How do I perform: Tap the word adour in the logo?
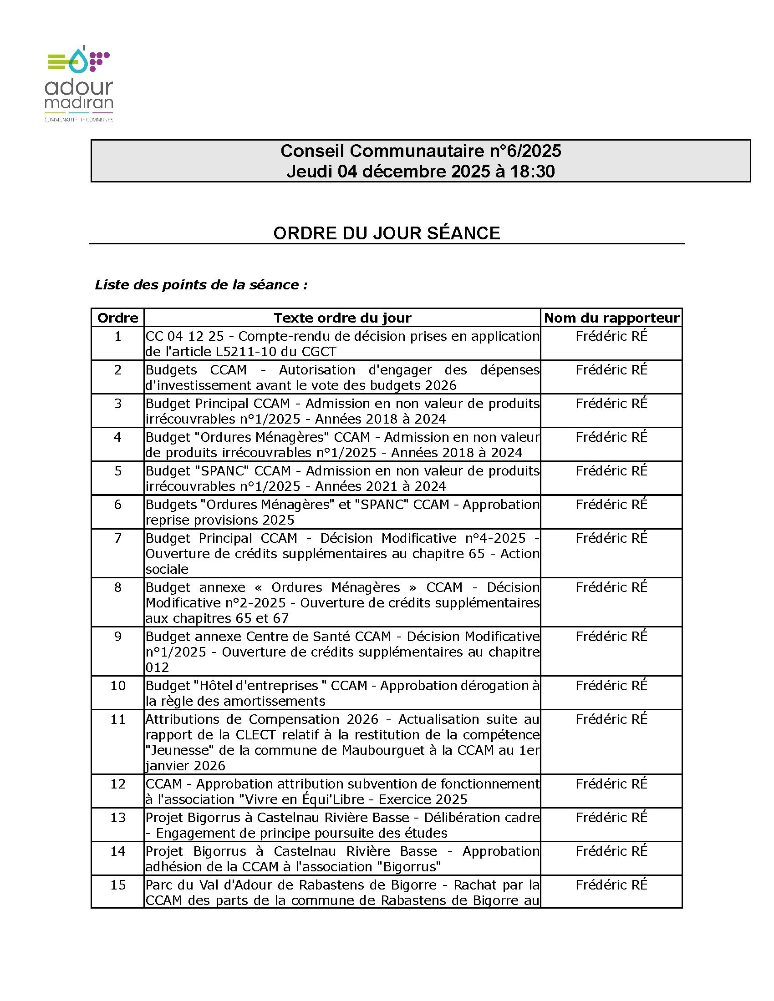coord(78,87)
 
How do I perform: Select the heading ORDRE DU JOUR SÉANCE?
coord(386,233)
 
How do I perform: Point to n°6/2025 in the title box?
coord(522,151)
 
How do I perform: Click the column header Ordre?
coord(118,318)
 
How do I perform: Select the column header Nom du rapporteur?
coord(611,318)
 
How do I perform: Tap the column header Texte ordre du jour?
coord(342,318)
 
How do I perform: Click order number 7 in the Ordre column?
coord(118,538)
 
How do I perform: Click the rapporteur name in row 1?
coord(611,336)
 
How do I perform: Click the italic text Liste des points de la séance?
coord(201,285)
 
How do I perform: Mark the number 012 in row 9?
coord(157,667)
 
